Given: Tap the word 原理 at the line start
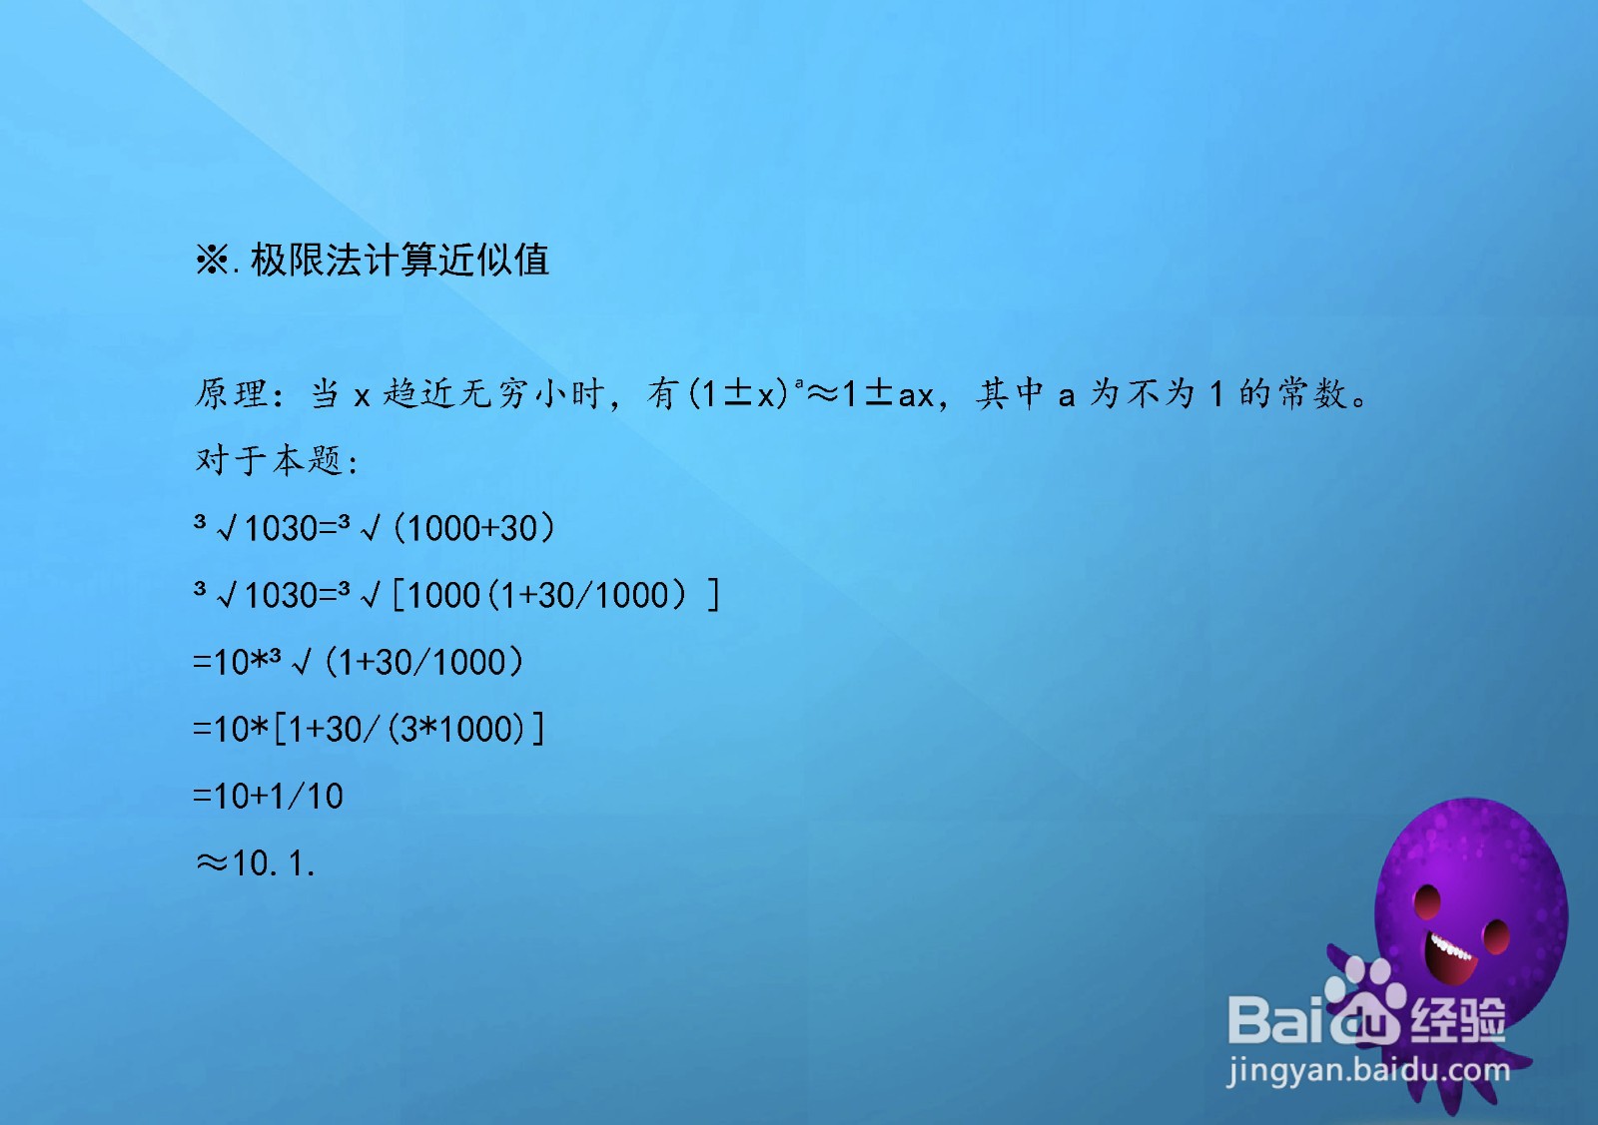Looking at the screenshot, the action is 231,393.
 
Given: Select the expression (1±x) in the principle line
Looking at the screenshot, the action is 738,393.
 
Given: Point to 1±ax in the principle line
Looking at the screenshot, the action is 887,393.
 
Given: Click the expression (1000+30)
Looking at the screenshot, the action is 473,528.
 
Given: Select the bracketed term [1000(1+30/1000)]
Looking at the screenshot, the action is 555,595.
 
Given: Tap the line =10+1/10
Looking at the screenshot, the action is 269,796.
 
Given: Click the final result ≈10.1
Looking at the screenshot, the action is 255,862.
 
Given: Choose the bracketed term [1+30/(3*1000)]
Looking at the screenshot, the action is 409,730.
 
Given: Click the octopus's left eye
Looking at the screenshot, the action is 1427,901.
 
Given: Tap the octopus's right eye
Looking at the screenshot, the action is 1496,936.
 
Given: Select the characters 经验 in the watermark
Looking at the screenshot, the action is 1458,1020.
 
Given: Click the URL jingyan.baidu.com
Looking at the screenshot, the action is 1368,1071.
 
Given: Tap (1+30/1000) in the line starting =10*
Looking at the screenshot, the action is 423,662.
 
